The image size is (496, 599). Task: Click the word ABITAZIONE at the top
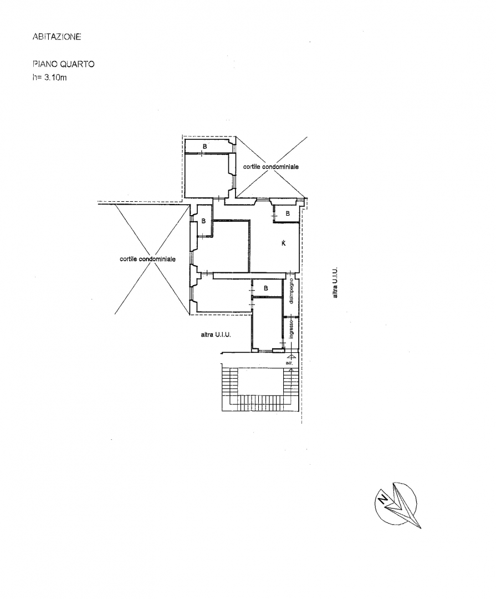tap(57, 37)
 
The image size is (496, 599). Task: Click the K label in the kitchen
tap(284, 243)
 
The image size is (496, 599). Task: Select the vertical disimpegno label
tap(292, 291)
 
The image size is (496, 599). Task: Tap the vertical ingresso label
tap(292, 329)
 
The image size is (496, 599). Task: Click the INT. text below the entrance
tap(289, 363)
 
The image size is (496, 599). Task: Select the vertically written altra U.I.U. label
tap(335, 282)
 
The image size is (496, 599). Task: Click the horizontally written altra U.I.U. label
tap(216, 334)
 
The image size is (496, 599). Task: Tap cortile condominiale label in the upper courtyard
tap(270, 166)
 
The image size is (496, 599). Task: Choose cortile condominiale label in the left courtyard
tap(147, 259)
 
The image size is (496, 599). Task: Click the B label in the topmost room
tap(204, 146)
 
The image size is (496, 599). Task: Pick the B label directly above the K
tap(288, 214)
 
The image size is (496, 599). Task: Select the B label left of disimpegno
tap(266, 288)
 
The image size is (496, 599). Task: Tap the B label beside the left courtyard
tap(203, 221)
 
